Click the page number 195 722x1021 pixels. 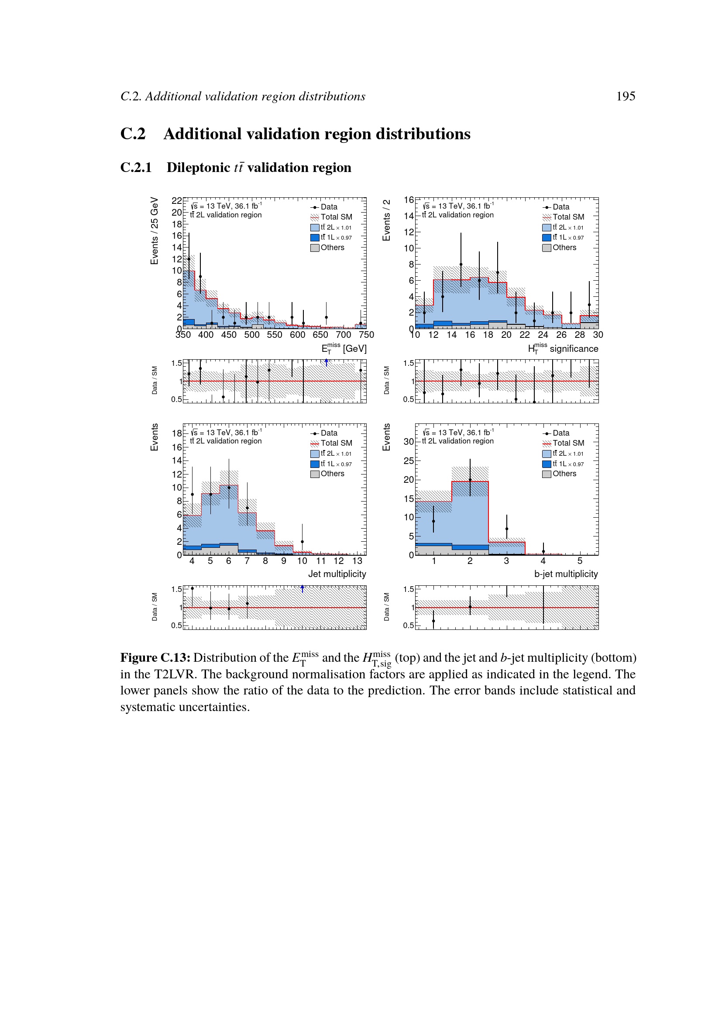tap(625, 96)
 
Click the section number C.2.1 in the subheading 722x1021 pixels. tap(136, 168)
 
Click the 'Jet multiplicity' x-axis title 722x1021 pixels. tap(337, 574)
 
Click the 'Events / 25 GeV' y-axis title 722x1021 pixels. tap(154, 231)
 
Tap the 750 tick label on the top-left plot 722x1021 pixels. tap(366, 335)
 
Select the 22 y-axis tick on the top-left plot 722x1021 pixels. tap(176, 200)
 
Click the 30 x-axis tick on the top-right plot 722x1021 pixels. tap(598, 335)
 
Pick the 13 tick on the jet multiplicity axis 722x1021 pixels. tap(357, 561)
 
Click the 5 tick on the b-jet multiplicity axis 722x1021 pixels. tap(579, 561)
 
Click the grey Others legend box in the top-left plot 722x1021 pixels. tap(315, 248)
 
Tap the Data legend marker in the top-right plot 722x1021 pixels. tap(547, 207)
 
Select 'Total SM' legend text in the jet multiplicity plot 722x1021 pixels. tap(336, 443)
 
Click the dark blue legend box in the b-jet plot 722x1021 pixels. tap(547, 464)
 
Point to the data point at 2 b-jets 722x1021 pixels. tap(470, 480)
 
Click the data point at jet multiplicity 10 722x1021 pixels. tap(303, 542)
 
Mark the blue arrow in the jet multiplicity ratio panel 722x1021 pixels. tap(303, 589)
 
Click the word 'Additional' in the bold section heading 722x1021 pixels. tap(202, 134)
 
